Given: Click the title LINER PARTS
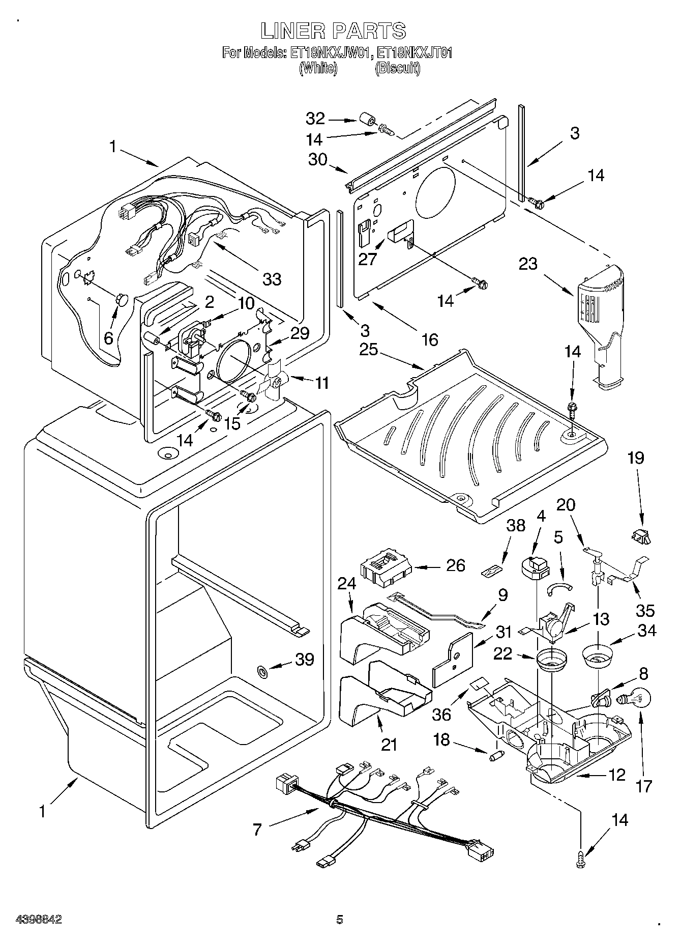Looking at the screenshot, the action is point(334,31).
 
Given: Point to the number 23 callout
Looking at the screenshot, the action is point(528,264).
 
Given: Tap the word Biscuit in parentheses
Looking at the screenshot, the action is point(398,68).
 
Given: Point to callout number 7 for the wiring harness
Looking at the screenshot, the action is point(257,830).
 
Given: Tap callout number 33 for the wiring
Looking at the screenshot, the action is point(272,279).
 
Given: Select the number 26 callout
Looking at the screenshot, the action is point(456,565).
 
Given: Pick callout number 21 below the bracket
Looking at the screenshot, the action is point(389,745).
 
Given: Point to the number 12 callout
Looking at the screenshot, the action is point(617,775).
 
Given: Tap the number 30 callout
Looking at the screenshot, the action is point(318,159).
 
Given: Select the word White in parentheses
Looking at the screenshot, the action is point(318,68).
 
